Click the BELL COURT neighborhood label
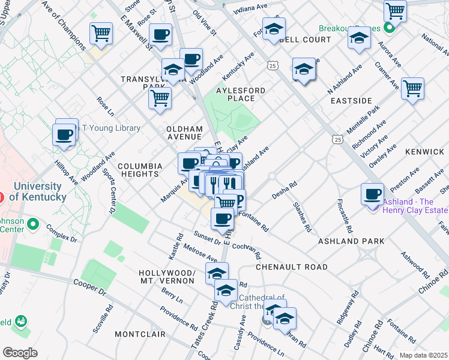pos(304,40)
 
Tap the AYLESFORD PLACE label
pos(240,94)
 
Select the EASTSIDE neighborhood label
pos(351,101)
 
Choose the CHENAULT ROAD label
pos(291,266)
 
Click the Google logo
pos(20,353)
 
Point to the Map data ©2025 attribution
pos(424,355)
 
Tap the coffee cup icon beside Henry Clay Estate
pos(373,193)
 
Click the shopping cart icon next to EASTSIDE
pos(412,88)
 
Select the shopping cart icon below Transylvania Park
pos(160,98)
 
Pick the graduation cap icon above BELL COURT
pos(274,28)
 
